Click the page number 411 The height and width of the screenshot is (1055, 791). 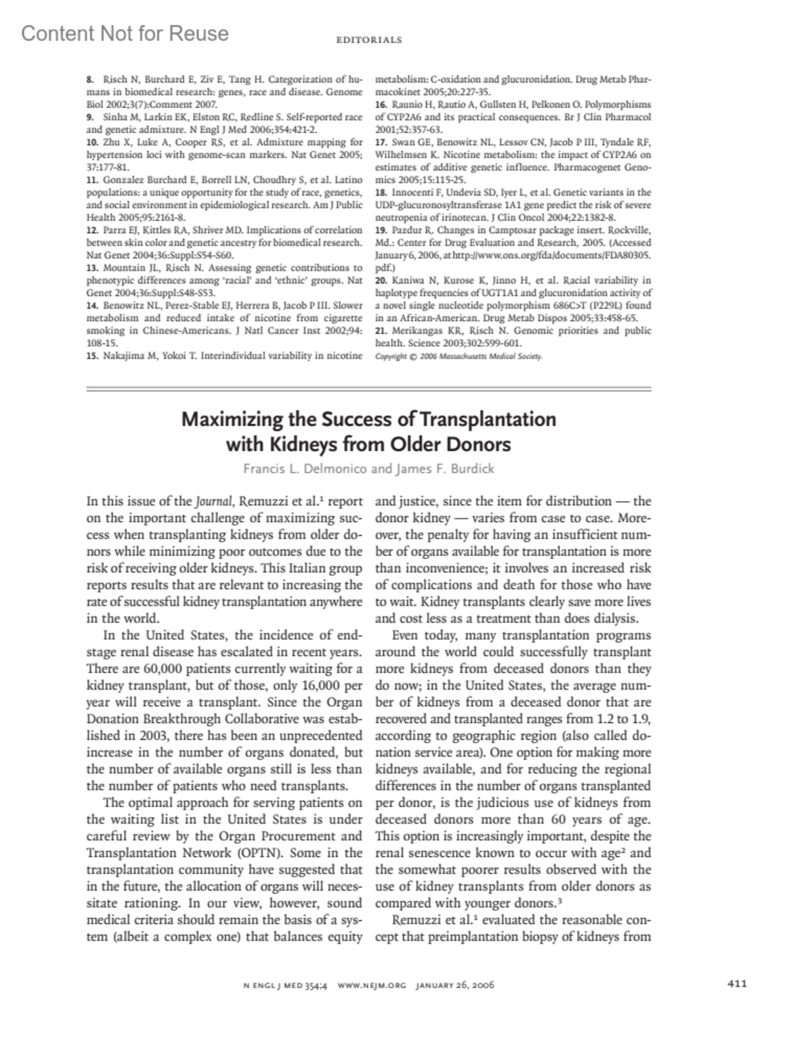pyautogui.click(x=737, y=984)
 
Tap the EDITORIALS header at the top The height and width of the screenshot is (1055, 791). pyautogui.click(x=368, y=40)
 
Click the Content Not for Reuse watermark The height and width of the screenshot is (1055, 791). pyautogui.click(x=125, y=33)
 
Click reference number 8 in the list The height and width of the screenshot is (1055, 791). pyautogui.click(x=90, y=80)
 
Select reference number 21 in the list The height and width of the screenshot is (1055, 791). pyautogui.click(x=380, y=331)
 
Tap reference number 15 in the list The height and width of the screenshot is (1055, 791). pyautogui.click(x=92, y=356)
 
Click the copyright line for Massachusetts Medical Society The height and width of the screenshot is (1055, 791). pyautogui.click(x=459, y=357)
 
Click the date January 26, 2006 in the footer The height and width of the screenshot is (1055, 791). pyautogui.click(x=455, y=986)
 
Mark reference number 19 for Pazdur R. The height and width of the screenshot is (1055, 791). pyautogui.click(x=380, y=230)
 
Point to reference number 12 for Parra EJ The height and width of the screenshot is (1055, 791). pyautogui.click(x=92, y=230)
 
